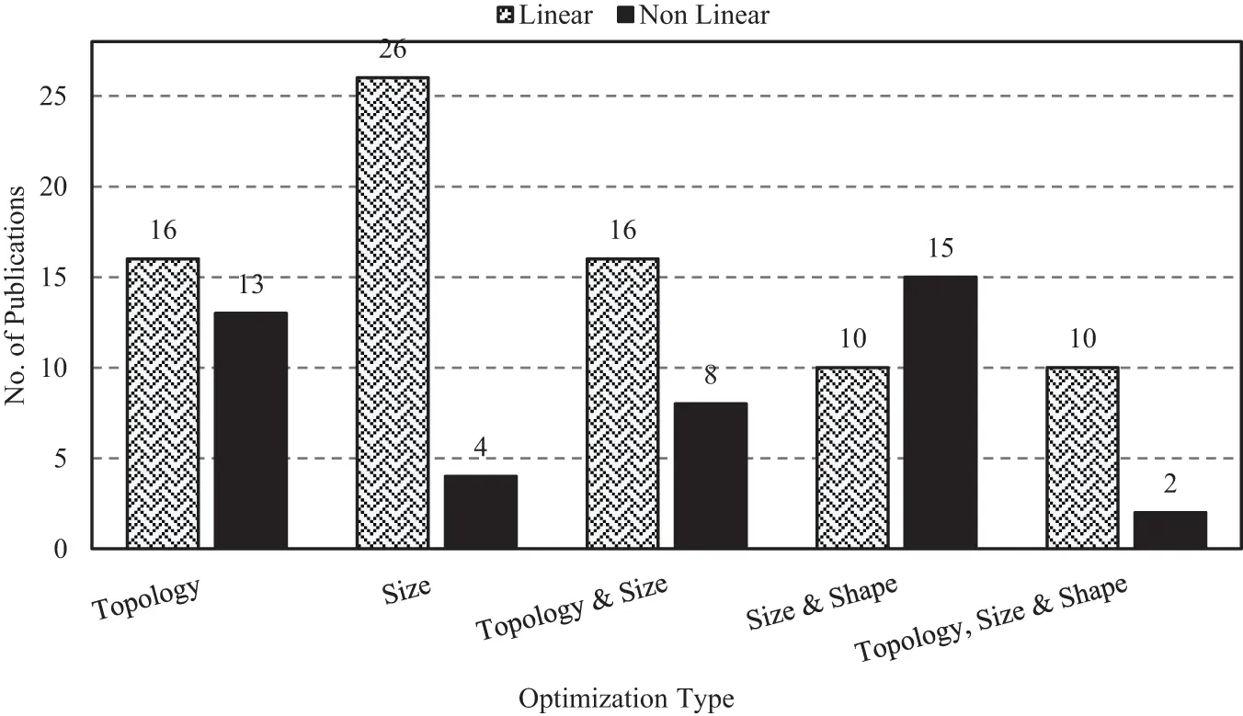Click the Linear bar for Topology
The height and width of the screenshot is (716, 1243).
point(162,403)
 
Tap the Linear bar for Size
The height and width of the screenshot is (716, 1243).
point(392,313)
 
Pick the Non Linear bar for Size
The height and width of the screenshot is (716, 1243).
point(481,512)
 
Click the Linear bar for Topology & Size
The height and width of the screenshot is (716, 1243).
point(622,403)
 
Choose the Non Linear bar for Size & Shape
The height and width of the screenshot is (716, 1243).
point(941,413)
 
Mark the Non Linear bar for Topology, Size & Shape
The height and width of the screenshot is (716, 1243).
point(1170,530)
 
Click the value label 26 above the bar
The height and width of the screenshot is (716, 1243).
point(393,50)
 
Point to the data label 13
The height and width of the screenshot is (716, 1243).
point(251,285)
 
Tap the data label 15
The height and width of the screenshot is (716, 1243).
point(941,249)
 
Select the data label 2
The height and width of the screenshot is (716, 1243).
point(1170,484)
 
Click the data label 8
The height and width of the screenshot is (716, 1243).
point(711,376)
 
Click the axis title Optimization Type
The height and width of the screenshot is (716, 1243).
point(627,699)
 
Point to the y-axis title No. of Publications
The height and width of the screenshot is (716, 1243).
point(16,295)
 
